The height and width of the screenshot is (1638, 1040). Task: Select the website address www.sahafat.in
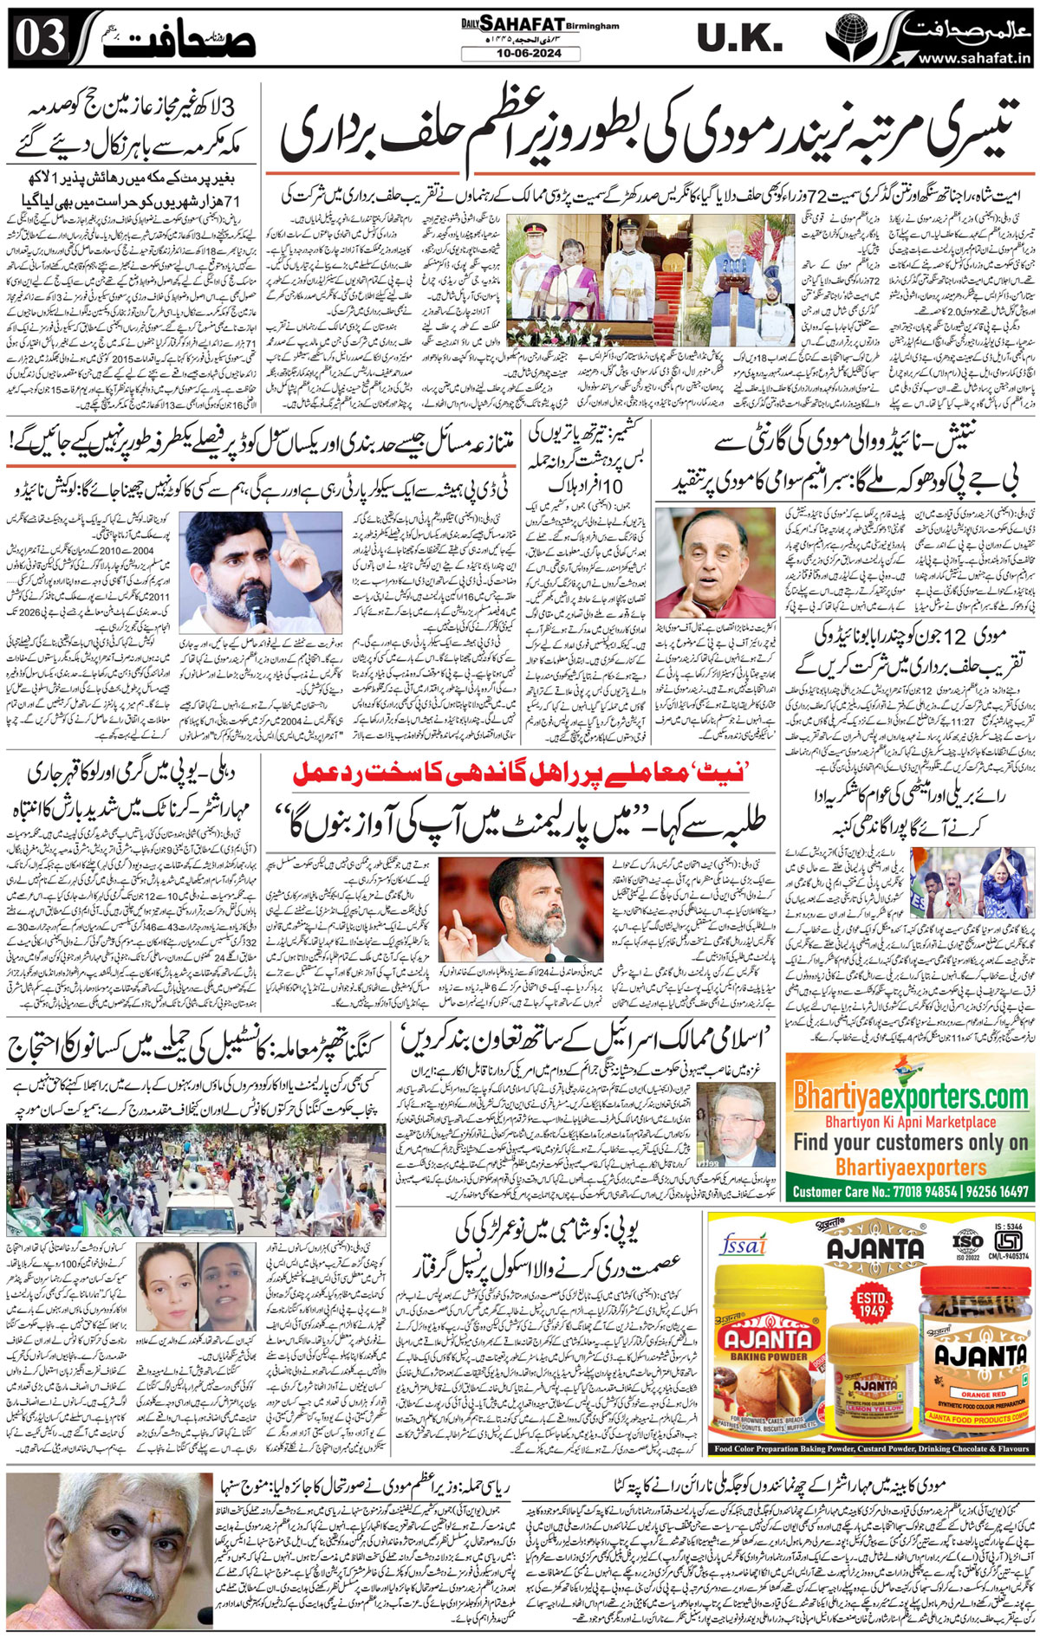tap(973, 58)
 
